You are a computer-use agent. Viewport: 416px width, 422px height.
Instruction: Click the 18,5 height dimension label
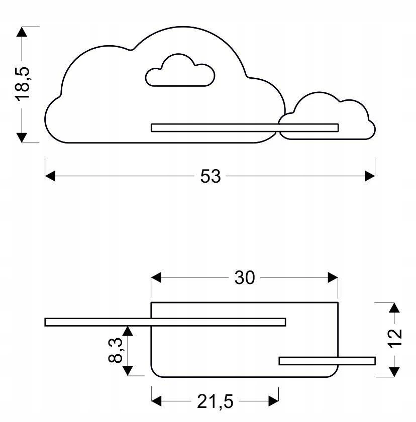[22, 84]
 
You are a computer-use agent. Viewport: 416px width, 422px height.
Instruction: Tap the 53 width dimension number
[211, 177]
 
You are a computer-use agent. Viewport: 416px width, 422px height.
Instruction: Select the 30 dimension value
[244, 278]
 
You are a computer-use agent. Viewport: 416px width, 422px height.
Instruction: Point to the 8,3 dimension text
[116, 350]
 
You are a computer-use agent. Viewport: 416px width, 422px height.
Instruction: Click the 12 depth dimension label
[395, 339]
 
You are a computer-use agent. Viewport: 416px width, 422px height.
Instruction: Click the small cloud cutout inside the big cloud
[180, 71]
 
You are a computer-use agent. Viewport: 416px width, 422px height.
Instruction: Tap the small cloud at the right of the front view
[327, 116]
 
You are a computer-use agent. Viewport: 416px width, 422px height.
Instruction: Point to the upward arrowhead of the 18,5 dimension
[22, 32]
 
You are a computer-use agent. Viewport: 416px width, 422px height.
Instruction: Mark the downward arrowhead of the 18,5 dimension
[22, 137]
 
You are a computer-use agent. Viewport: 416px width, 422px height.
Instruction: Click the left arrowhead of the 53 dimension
[50, 176]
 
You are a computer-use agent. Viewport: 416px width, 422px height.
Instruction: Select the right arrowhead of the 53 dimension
[370, 176]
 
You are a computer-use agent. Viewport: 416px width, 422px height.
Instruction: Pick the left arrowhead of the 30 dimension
[156, 277]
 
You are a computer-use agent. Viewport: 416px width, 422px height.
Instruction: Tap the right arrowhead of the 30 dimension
[333, 277]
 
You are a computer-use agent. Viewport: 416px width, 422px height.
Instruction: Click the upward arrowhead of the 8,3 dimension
[128, 331]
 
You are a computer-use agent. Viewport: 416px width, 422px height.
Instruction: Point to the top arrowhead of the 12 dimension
[394, 308]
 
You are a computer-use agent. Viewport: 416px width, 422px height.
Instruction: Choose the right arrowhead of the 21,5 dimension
[273, 401]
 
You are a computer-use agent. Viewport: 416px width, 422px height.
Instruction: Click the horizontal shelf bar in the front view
[245, 128]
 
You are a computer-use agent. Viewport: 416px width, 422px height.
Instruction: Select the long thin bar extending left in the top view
[165, 322]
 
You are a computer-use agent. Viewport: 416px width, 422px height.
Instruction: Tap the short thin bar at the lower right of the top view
[327, 361]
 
